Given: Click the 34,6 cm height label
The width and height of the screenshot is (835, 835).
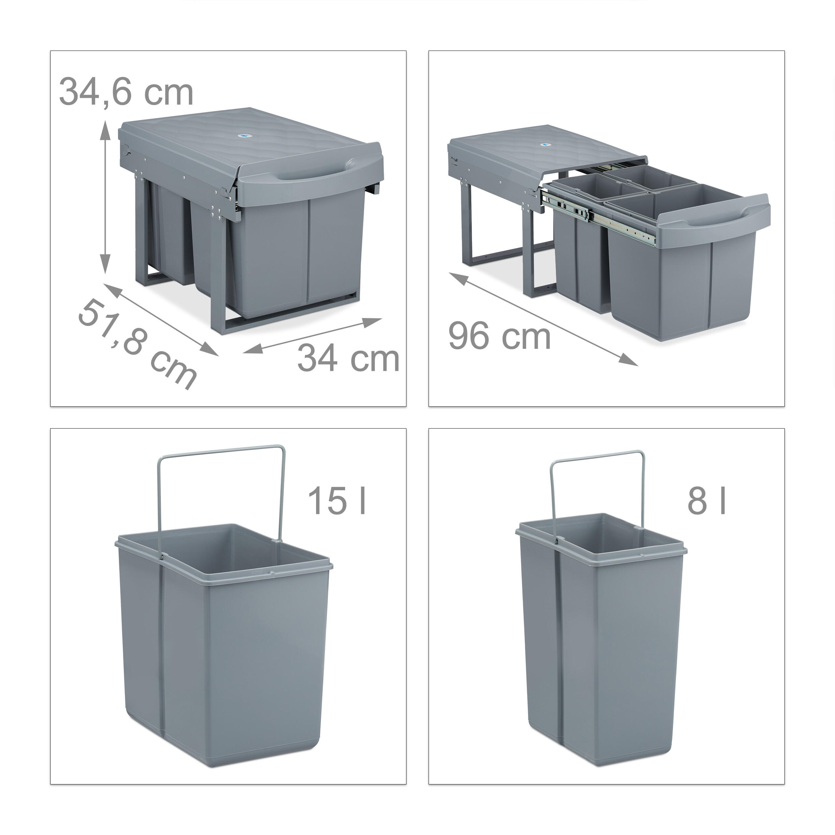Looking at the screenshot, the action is [x=126, y=92].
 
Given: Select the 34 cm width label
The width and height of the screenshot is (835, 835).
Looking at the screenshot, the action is [x=348, y=357].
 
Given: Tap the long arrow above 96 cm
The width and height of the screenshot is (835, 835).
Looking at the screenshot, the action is [x=543, y=319].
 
